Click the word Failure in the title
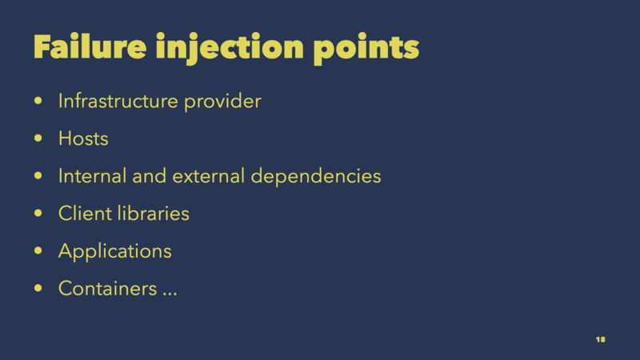[90, 46]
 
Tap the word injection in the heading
[230, 48]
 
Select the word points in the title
[366, 49]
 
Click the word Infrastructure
[118, 101]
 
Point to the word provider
[222, 102]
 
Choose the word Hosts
[83, 138]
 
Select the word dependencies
[315, 176]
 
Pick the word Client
[85, 214]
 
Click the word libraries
[154, 214]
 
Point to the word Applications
[115, 251]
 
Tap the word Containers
[108, 289]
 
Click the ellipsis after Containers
[170, 294]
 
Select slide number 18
[601, 339]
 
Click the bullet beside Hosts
[38, 138]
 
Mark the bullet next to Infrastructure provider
[38, 101]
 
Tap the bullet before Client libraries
[38, 213]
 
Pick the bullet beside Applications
[38, 250]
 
